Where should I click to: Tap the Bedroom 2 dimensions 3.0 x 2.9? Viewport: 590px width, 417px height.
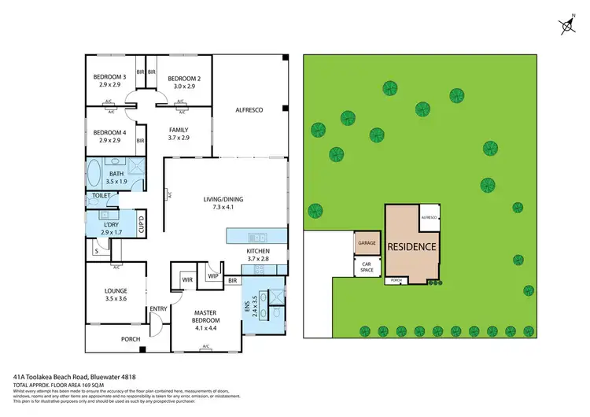tap(184, 86)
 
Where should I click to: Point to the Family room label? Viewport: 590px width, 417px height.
tap(180, 129)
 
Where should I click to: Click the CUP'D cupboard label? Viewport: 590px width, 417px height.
tap(142, 224)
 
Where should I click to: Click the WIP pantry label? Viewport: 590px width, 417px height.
tap(212, 275)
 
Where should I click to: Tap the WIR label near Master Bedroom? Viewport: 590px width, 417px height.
tap(187, 279)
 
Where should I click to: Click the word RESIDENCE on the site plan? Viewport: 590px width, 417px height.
tap(411, 246)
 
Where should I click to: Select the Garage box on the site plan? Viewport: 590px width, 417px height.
tap(367, 244)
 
